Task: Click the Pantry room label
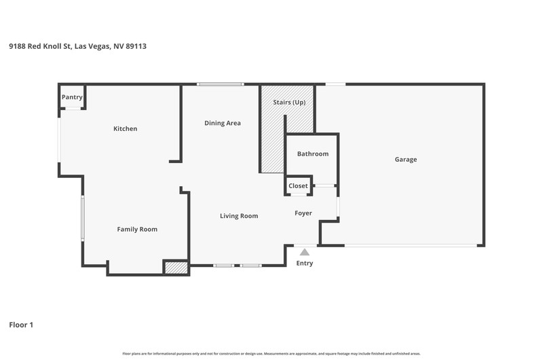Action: click(72, 97)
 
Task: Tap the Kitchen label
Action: click(126, 128)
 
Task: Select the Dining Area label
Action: click(223, 123)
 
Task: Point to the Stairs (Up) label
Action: click(289, 102)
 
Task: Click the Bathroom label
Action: click(313, 154)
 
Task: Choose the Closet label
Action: click(298, 185)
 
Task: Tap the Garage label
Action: click(406, 160)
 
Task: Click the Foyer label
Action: click(303, 213)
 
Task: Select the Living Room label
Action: click(239, 216)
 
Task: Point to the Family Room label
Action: click(137, 229)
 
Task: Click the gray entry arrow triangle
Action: click(304, 252)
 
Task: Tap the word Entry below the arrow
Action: click(304, 264)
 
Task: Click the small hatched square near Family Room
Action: click(176, 268)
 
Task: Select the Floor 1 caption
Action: click(21, 325)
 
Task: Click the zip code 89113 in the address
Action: click(136, 46)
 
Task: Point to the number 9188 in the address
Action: click(18, 46)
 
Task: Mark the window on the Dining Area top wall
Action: click(220, 84)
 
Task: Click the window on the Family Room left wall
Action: click(83, 218)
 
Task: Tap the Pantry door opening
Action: click(73, 109)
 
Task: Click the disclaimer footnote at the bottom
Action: click(271, 354)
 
